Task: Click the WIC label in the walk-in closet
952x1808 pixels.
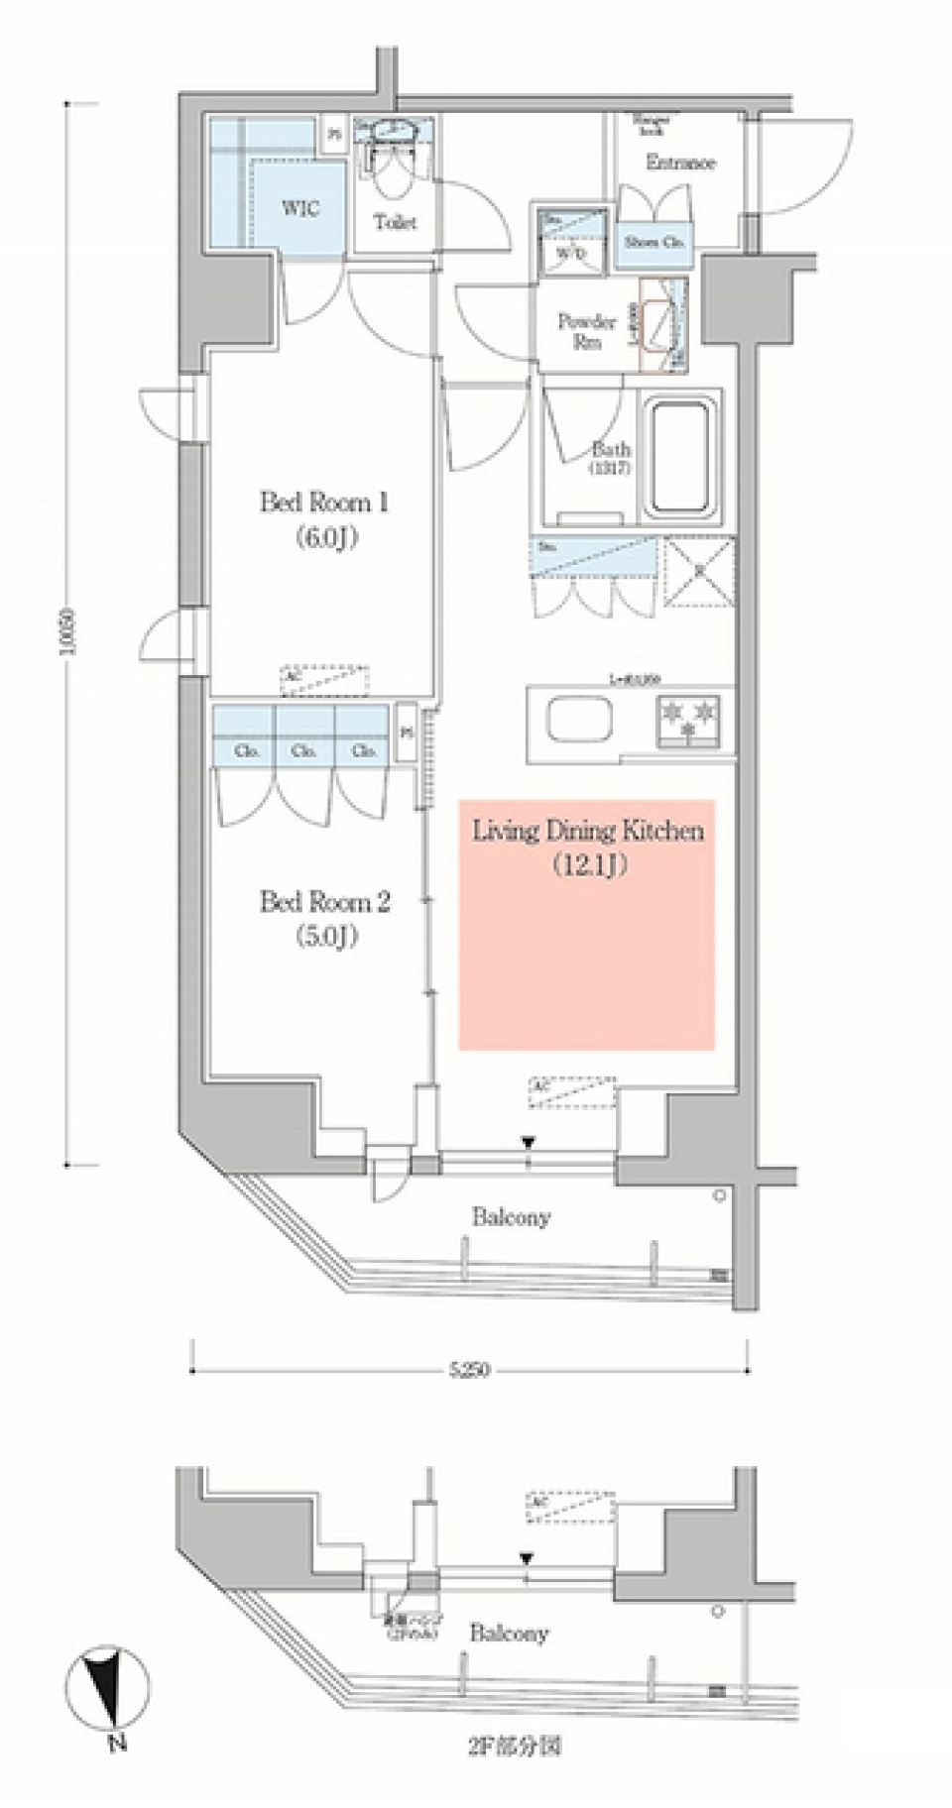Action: (x=300, y=208)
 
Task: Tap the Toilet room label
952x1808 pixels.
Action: (x=395, y=223)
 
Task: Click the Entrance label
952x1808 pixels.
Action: (x=680, y=163)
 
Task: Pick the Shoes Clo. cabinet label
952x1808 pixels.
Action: (x=654, y=242)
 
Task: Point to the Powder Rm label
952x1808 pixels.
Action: (x=586, y=331)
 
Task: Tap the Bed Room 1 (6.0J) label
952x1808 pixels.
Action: (x=324, y=518)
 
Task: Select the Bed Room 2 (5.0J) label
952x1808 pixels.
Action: (x=324, y=918)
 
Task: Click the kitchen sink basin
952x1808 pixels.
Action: (x=579, y=720)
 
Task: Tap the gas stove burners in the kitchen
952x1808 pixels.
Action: (x=687, y=720)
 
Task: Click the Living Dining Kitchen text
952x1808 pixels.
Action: (x=587, y=832)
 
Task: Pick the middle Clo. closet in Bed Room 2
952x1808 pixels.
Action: (x=303, y=750)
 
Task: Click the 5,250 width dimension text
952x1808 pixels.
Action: (x=469, y=1371)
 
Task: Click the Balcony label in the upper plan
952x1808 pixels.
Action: (x=511, y=1217)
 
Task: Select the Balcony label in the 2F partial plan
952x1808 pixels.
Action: (x=509, y=1633)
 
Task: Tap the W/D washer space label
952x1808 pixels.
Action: (x=570, y=254)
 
